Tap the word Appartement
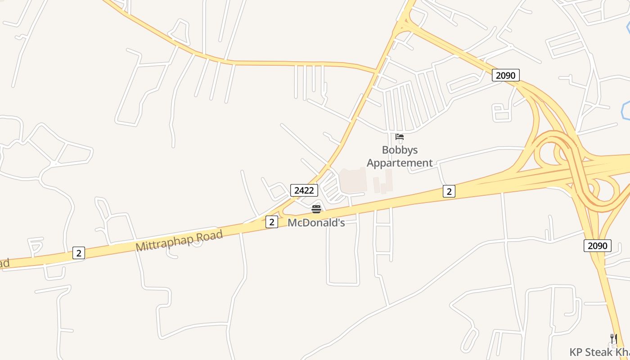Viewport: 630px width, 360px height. [400, 162]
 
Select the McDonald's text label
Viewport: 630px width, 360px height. [316, 222]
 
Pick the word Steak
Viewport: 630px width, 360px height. [599, 352]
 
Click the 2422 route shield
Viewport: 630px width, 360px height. [304, 190]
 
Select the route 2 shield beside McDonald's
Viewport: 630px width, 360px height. [271, 222]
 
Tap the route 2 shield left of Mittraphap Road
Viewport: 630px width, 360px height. [79, 253]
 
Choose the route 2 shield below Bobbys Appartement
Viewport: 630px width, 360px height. [448, 192]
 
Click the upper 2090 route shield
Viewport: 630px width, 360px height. [505, 75]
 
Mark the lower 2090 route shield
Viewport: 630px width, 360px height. [597, 246]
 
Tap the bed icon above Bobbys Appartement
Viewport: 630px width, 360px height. [399, 136]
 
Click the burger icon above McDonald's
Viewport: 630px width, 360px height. [316, 209]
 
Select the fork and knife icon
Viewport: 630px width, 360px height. [613, 339]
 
